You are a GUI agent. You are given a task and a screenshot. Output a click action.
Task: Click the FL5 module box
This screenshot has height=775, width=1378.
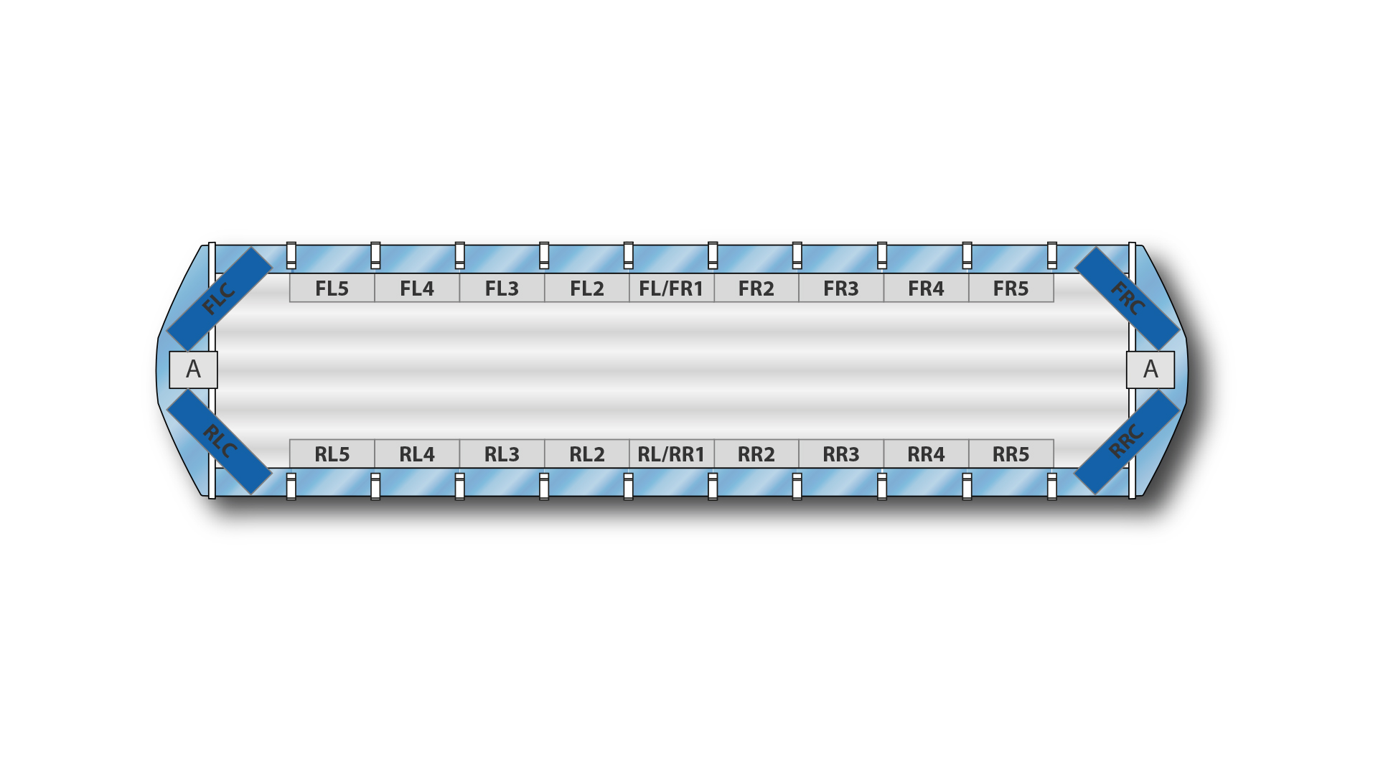coord(332,288)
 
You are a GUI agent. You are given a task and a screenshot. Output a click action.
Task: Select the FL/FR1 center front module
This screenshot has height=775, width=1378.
coord(672,288)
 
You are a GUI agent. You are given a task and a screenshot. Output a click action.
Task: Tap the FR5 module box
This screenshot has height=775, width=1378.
coord(1011,288)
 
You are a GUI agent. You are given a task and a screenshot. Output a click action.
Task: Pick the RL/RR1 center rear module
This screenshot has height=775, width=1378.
coord(672,454)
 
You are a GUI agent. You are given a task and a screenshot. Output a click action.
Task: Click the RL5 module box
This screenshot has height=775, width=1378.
coord(332,454)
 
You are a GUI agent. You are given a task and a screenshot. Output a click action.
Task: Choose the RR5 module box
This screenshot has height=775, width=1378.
coord(1011,454)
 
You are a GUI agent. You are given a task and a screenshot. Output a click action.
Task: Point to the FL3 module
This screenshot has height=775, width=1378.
coord(502,288)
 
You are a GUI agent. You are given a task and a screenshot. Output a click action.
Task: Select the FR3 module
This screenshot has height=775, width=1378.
coord(841,288)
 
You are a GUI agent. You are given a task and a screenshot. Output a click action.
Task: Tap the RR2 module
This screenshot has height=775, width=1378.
coord(756,454)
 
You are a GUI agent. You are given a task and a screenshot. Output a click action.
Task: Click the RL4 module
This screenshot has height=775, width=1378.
coord(417,454)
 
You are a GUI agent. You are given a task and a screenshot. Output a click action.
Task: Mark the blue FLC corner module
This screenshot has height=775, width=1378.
coord(220,299)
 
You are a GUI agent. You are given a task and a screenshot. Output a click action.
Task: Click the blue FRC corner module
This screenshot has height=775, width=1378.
coord(1128,299)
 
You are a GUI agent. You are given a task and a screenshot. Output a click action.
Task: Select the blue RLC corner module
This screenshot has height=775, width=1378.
coord(220,441)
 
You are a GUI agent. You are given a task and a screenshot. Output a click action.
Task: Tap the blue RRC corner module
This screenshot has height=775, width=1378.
coord(1127,441)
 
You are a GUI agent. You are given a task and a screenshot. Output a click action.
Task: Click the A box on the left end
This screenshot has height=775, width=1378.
coord(193,370)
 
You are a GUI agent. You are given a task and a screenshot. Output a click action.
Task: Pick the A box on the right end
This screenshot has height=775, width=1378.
coord(1150,370)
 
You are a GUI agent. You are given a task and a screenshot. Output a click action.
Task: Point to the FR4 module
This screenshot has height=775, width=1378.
coord(927,288)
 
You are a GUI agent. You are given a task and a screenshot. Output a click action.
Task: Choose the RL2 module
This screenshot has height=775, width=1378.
coord(587,454)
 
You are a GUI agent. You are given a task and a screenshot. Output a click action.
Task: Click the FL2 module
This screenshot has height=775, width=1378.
coord(587,288)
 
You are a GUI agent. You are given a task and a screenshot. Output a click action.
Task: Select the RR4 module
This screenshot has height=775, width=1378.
coord(927,454)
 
